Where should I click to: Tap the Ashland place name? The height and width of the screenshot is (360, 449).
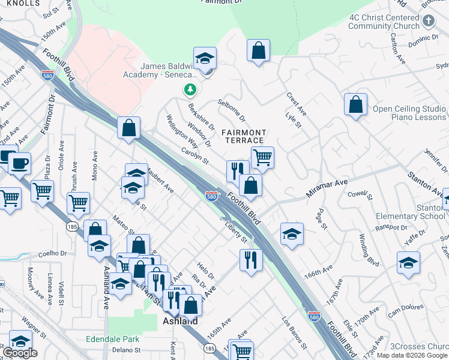pyautogui.click(x=181, y=322)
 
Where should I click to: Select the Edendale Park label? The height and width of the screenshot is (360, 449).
pyautogui.click(x=113, y=337)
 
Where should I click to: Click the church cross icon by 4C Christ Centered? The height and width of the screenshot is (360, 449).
pyautogui.click(x=428, y=21)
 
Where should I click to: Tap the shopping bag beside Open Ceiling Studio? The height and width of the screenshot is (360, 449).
pyautogui.click(x=355, y=104)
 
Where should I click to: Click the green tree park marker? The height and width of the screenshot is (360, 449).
pyautogui.click(x=190, y=90)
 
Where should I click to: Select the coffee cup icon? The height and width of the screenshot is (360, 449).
pyautogui.click(x=19, y=162)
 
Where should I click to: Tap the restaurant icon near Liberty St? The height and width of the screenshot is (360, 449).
pyautogui.click(x=250, y=260)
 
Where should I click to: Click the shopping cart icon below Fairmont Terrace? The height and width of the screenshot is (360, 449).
pyautogui.click(x=262, y=158)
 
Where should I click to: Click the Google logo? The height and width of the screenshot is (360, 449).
pyautogui.click(x=20, y=353)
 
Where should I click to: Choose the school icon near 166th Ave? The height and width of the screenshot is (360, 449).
pyautogui.click(x=292, y=234)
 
